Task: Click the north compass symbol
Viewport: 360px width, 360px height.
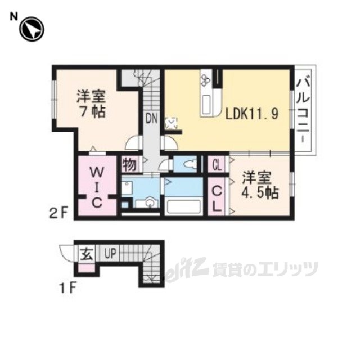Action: pyautogui.click(x=31, y=30)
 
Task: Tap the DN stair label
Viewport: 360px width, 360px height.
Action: pyautogui.click(x=151, y=118)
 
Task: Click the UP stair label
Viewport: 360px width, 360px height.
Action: pyautogui.click(x=108, y=254)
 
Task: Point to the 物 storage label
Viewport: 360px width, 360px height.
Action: pyautogui.click(x=129, y=164)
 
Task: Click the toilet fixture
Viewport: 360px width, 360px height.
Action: pyautogui.click(x=190, y=164)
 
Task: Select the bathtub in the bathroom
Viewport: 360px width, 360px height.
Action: pyautogui.click(x=185, y=206)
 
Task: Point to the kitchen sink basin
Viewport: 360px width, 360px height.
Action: pyautogui.click(x=206, y=105)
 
